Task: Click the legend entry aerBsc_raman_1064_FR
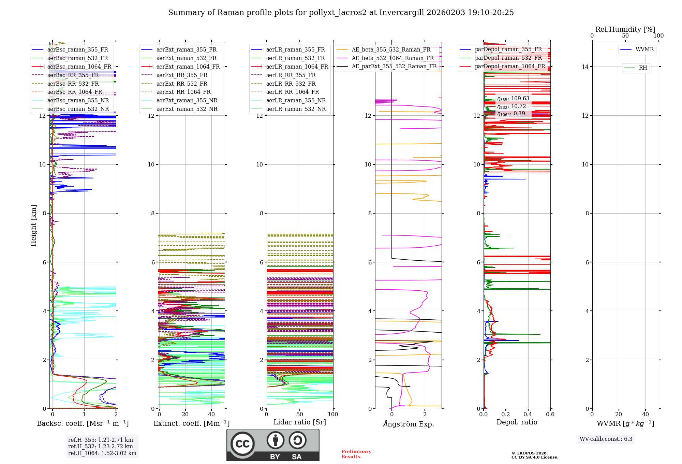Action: (79, 67)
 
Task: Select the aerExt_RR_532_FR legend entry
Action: (182, 84)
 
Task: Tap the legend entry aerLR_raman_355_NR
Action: (296, 100)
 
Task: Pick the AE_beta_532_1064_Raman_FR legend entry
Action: (392, 58)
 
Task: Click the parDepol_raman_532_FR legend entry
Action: (508, 58)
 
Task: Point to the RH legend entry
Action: (643, 68)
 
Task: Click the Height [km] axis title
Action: (33, 225)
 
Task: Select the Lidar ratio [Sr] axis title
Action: (300, 422)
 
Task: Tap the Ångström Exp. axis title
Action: (408, 424)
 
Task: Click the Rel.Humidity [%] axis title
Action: (625, 29)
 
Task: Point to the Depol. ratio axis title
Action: (517, 422)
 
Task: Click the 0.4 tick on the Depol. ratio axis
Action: (528, 414)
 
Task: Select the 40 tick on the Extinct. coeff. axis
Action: (211, 414)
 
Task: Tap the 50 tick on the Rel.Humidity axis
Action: (625, 36)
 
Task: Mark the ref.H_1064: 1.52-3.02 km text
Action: (102, 453)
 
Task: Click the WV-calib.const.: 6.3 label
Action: (606, 439)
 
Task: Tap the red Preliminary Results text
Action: (356, 454)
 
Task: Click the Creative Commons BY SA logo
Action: (273, 445)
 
